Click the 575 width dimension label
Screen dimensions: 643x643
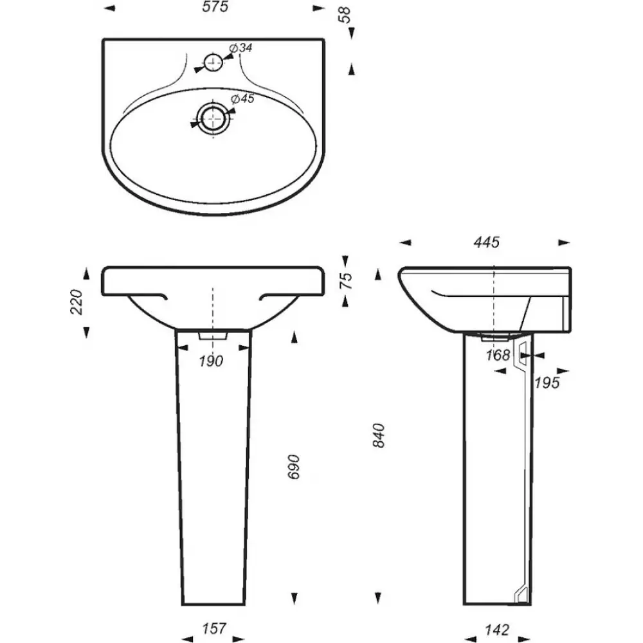(215, 7)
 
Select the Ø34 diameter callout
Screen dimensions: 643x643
(240, 48)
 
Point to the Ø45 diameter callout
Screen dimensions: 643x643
(243, 98)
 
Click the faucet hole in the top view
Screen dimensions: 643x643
(213, 62)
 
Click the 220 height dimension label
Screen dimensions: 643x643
(77, 302)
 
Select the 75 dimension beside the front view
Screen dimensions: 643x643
(347, 280)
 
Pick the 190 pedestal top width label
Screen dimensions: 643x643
(211, 361)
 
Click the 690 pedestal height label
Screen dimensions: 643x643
(294, 467)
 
